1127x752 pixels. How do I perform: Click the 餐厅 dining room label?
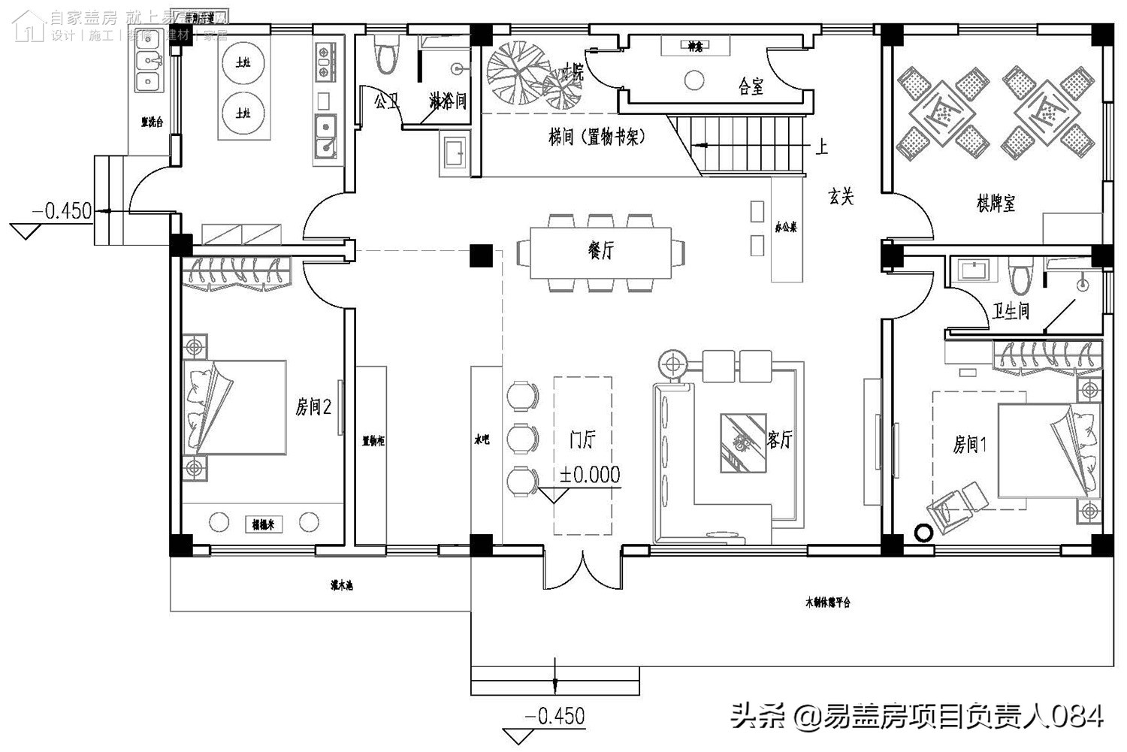[x=600, y=250]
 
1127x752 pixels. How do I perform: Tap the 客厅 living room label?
[x=780, y=439]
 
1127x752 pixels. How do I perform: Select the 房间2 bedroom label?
[x=313, y=407]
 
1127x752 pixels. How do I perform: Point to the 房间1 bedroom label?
[x=969, y=445]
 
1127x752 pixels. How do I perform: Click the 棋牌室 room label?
[x=996, y=203]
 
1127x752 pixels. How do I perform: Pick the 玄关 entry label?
[x=841, y=197]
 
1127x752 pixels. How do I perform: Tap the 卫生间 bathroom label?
[x=1010, y=311]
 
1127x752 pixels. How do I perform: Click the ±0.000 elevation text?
[x=590, y=475]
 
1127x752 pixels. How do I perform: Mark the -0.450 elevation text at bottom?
[x=554, y=716]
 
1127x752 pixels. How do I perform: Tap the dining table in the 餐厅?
[x=601, y=252]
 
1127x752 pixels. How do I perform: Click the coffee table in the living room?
[x=742, y=443]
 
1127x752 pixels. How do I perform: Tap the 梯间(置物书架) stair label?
[x=597, y=137]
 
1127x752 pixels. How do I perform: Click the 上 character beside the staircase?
[x=821, y=146]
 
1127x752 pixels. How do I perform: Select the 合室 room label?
[x=751, y=87]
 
